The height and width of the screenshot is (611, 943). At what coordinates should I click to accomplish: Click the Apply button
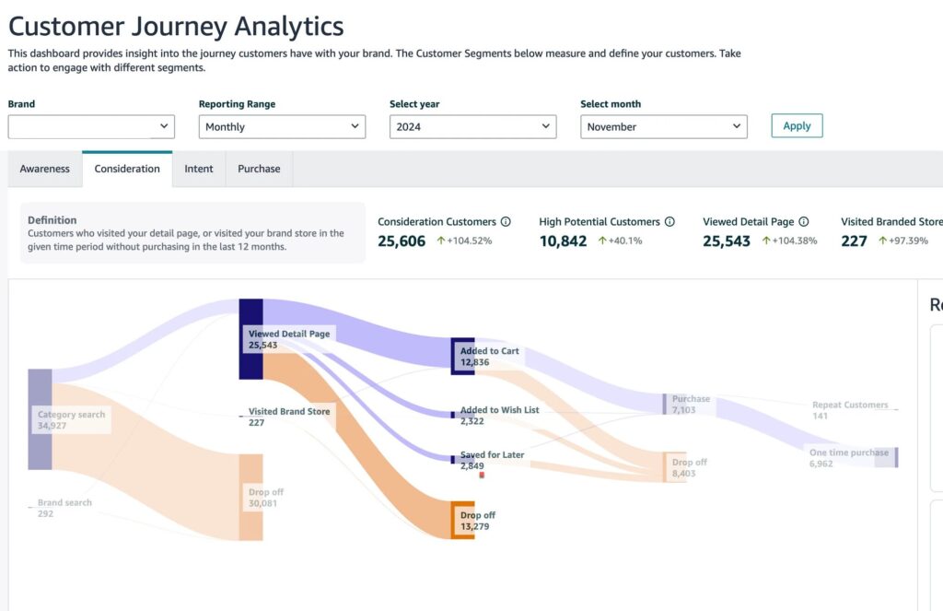(x=797, y=126)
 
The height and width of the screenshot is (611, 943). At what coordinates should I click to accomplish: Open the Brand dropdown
(x=91, y=127)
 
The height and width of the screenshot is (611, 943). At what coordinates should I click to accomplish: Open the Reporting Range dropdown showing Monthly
(x=282, y=127)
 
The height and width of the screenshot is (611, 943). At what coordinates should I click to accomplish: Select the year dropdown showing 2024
(x=472, y=127)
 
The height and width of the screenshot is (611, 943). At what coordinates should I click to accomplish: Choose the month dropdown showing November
(x=663, y=127)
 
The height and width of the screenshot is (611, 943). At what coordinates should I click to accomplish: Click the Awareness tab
(x=44, y=169)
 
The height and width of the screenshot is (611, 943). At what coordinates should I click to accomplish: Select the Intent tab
(x=198, y=169)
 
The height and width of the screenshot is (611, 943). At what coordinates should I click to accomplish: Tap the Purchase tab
(x=259, y=169)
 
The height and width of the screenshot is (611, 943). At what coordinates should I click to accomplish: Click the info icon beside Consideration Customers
(x=506, y=222)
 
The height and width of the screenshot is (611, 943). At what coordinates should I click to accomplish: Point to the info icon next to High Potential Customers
(x=669, y=222)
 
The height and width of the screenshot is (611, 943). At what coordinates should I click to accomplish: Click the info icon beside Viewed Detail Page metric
(x=804, y=222)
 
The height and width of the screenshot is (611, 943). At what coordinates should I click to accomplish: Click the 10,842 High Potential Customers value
(x=563, y=241)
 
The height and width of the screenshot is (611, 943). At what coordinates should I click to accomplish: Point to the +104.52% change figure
(x=464, y=241)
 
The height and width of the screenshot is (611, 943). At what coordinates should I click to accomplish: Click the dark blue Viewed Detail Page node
(x=250, y=338)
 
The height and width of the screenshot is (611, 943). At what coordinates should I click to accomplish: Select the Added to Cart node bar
(x=462, y=356)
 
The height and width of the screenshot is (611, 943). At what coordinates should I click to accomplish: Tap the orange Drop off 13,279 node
(x=462, y=520)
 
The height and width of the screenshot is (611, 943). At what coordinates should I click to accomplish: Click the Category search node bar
(x=40, y=419)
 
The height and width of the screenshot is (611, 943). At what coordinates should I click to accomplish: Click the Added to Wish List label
(x=499, y=410)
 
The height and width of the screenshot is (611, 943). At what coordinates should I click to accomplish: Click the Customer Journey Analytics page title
(x=176, y=26)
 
